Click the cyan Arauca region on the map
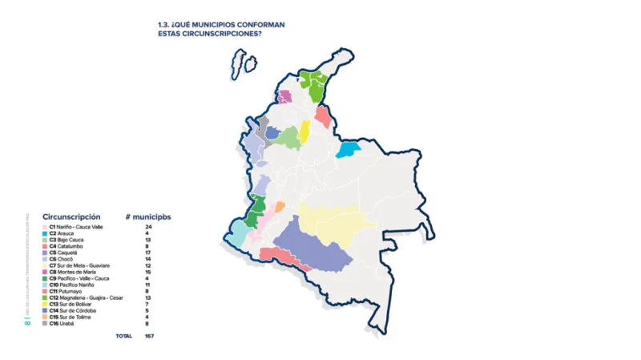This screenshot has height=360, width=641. pyautogui.click(x=349, y=148)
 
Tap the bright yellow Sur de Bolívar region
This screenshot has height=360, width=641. pyautogui.click(x=304, y=131)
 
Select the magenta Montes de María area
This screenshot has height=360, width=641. pyautogui.click(x=284, y=97)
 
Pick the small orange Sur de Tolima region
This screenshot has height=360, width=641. pyautogui.click(x=280, y=207)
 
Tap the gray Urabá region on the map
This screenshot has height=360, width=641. pyautogui.click(x=261, y=123)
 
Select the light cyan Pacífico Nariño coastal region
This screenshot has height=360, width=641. pyautogui.click(x=238, y=233)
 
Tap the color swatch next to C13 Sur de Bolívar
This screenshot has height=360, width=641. pyautogui.click(x=45, y=304)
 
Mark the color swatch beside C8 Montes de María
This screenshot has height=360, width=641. pyautogui.click(x=45, y=272)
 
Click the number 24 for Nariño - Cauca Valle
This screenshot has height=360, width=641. pyautogui.click(x=149, y=227)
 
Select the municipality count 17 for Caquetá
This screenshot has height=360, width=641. pyautogui.click(x=149, y=253)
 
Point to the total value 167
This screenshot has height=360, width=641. pyautogui.click(x=149, y=336)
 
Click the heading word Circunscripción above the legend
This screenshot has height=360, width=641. pyautogui.click(x=71, y=216)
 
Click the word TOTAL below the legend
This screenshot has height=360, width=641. pyautogui.click(x=123, y=336)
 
